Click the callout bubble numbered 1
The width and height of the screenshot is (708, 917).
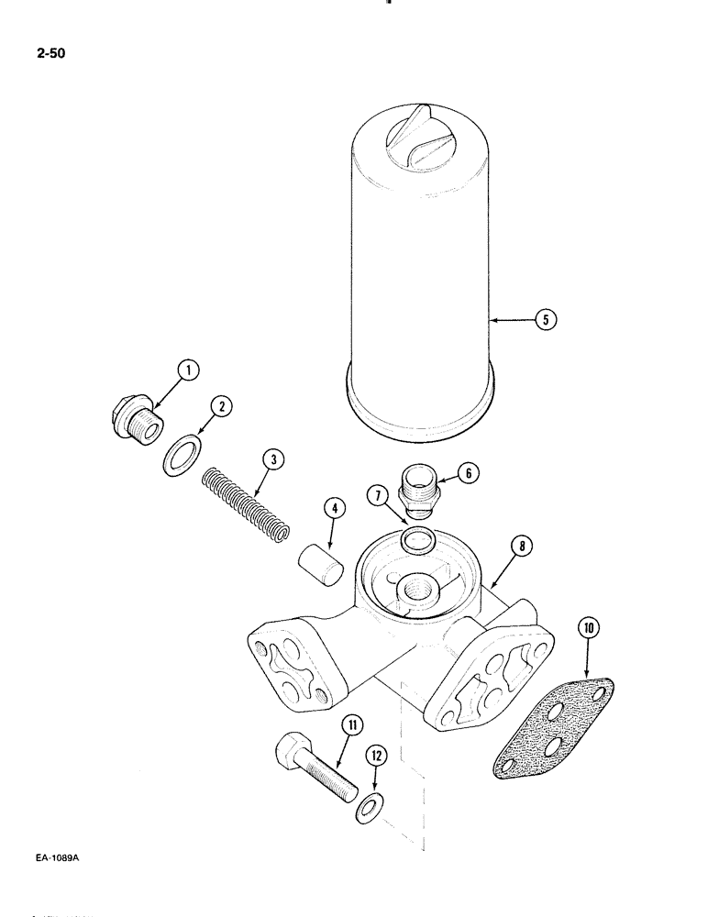pyautogui.click(x=187, y=371)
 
